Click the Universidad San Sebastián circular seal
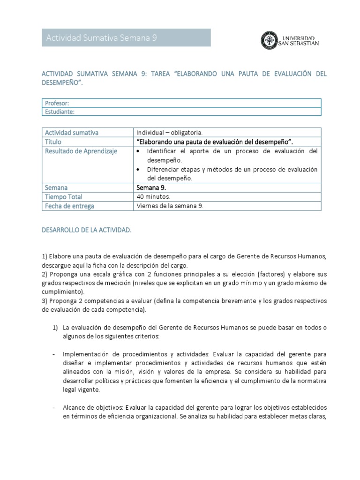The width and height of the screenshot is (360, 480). coord(269,40)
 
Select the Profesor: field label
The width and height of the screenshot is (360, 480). coord(57,103)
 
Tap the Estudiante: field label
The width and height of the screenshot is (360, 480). coord(60,112)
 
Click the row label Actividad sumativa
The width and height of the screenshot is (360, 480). coord(72,133)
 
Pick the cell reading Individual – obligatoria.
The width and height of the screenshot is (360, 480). coord(169,133)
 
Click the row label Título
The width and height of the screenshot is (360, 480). coord(53,142)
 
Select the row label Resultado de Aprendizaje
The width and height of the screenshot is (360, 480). coord(81,151)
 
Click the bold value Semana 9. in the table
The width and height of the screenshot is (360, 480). coord(151,187)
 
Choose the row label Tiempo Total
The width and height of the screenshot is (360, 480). coord(63,197)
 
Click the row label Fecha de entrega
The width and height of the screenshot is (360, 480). coord(69,206)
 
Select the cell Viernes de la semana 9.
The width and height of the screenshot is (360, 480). coord(170,206)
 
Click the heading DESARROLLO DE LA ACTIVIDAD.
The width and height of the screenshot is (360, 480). coord(87,231)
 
